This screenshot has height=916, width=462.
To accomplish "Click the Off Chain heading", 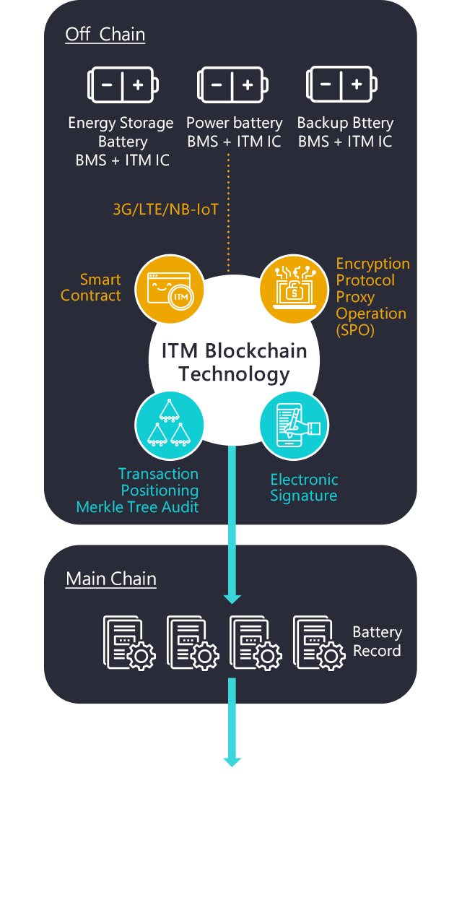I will [x=105, y=35].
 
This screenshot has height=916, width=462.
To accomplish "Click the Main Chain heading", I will [x=110, y=579].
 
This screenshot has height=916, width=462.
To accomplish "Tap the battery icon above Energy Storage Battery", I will [x=121, y=85].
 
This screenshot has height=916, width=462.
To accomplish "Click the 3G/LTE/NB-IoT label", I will [x=165, y=209].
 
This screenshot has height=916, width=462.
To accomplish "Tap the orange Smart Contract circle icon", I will [x=169, y=288].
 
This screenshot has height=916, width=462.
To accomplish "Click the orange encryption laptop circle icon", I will [x=294, y=288].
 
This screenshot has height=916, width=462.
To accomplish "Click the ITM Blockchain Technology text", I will [x=234, y=363].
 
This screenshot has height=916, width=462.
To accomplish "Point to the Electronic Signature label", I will [x=304, y=488].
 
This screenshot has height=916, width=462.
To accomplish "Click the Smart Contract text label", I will [x=91, y=288].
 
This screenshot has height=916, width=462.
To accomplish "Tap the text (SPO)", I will [x=355, y=331].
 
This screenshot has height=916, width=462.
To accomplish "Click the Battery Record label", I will [x=377, y=641].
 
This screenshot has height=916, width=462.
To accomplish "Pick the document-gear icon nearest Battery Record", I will [x=319, y=642].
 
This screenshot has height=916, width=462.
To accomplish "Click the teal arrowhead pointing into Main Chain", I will [x=232, y=597].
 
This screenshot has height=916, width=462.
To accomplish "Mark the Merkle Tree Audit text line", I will [x=137, y=507].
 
